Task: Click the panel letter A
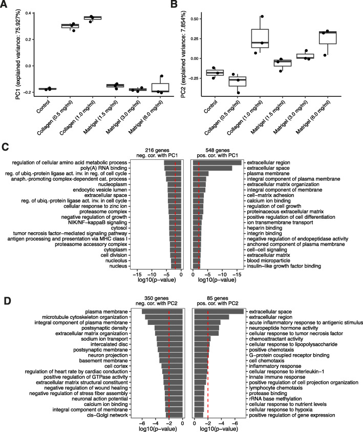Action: point(5,6)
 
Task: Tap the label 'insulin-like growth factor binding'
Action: point(283,266)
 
